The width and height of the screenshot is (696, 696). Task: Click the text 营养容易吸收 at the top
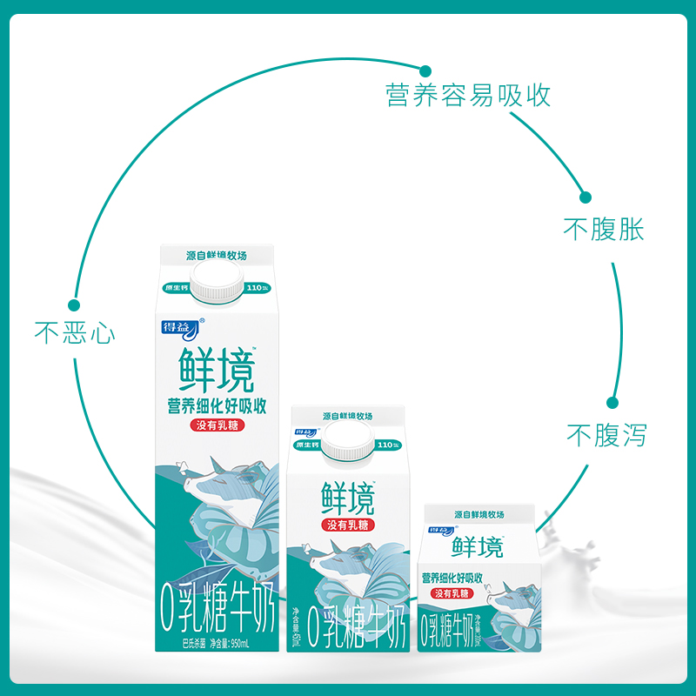tap(468, 95)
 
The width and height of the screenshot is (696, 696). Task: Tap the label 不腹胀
tap(604, 230)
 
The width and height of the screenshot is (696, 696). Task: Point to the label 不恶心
tap(75, 333)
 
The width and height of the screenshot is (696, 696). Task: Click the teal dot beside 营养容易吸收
tap(425, 71)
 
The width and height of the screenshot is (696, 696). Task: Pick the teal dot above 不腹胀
tap(586, 197)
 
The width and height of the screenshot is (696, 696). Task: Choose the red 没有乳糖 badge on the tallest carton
tap(217, 425)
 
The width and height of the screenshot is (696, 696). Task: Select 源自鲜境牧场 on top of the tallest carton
tap(217, 257)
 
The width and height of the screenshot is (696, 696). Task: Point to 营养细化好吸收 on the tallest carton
tap(217, 405)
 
